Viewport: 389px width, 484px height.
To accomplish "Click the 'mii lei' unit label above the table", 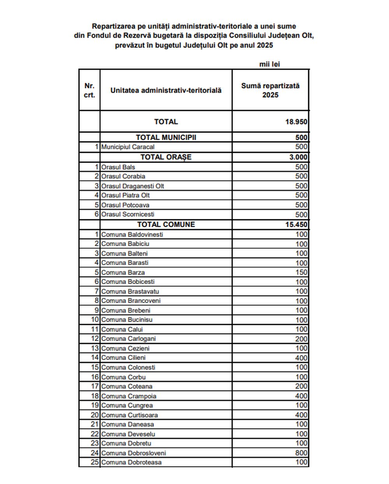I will click(x=270, y=64).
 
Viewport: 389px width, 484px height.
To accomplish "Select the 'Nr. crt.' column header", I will click(x=89, y=90).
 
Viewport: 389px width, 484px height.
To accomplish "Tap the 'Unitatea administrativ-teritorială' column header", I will click(x=166, y=90).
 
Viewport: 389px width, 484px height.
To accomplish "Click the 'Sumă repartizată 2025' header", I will click(x=270, y=90).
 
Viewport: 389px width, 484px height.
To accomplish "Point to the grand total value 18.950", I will click(x=296, y=122).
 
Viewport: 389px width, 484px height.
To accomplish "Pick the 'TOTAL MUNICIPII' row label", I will click(x=166, y=137).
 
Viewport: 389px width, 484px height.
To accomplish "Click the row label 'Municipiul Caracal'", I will click(x=128, y=147).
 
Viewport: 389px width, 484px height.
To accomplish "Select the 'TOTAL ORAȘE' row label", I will click(x=166, y=157).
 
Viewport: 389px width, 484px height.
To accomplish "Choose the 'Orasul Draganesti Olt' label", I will click(x=132, y=186).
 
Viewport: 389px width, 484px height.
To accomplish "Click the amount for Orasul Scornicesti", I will click(x=301, y=214).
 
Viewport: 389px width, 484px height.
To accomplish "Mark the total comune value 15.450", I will click(x=296, y=224).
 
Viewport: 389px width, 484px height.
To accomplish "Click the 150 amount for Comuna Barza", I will click(x=301, y=272).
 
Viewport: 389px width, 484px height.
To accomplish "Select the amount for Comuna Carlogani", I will click(x=301, y=339).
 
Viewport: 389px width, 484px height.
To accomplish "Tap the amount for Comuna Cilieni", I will click(x=301, y=358).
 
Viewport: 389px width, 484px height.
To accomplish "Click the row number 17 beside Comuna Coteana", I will click(x=95, y=386).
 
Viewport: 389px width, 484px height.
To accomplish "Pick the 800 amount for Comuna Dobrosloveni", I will click(x=301, y=453).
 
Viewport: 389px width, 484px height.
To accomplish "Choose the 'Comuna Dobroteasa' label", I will click(x=131, y=462).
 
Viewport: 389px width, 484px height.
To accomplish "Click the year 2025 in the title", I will click(x=265, y=45).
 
